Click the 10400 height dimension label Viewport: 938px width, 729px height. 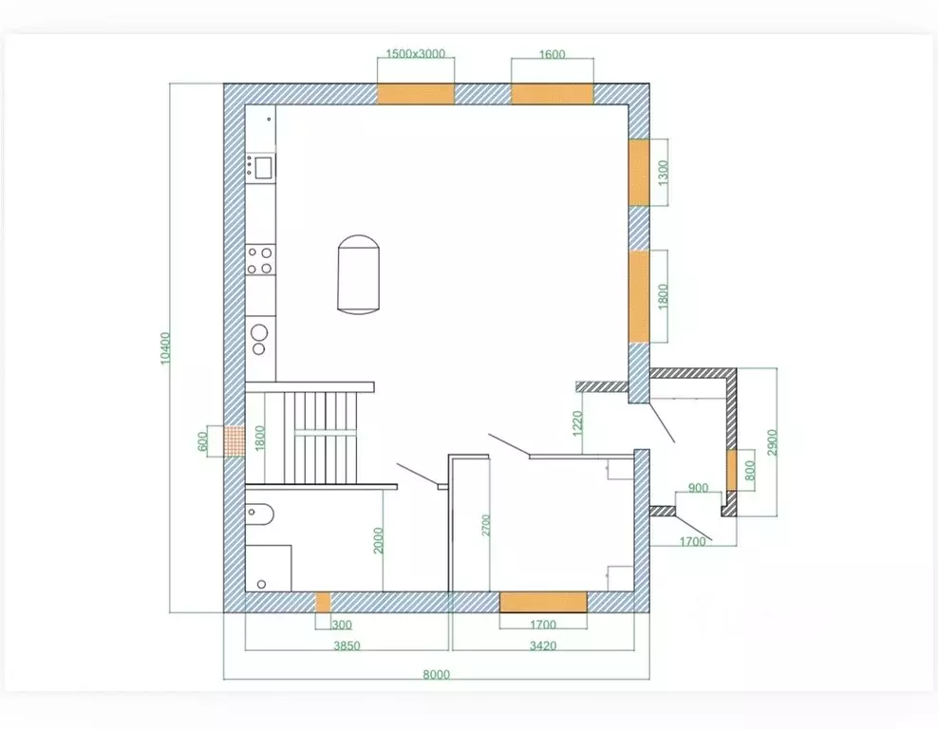[166, 347]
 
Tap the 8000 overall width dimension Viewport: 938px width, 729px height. [436, 675]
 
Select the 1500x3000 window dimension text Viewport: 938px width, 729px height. [415, 54]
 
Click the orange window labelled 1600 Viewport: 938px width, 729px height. [553, 95]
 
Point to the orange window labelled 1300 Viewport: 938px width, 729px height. [639, 173]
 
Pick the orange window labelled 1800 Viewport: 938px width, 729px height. [639, 296]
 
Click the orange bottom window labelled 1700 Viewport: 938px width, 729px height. [543, 602]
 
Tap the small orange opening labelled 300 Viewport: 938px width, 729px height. [323, 602]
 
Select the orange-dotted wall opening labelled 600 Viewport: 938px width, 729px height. [234, 441]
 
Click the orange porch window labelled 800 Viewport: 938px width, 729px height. [732, 470]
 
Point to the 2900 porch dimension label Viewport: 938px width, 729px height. [772, 442]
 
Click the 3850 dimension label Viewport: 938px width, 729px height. [347, 645]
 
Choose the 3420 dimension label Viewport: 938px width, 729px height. [543, 645]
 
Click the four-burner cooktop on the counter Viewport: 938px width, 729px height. [260, 261]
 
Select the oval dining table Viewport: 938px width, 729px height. [358, 274]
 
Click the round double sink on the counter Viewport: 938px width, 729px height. [259, 339]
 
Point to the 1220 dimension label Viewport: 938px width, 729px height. [577, 423]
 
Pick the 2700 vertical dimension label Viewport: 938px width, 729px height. [485, 525]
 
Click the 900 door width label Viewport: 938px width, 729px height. [698, 488]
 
